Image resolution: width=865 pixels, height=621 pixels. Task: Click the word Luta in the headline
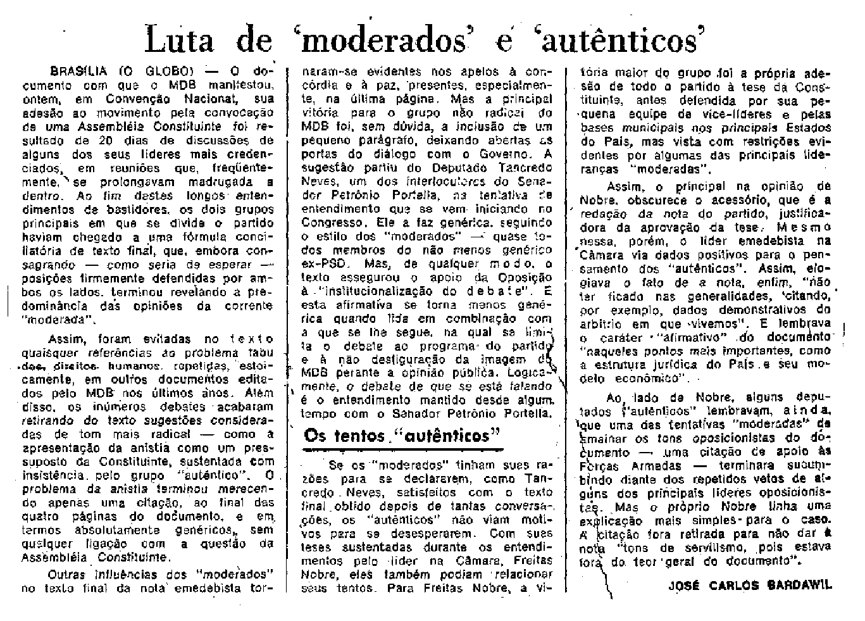178,41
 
